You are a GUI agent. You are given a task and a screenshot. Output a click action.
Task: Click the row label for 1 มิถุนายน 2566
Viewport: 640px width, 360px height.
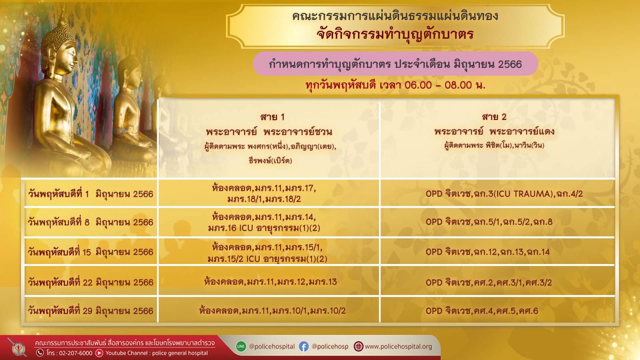pyautogui.click(x=90, y=194)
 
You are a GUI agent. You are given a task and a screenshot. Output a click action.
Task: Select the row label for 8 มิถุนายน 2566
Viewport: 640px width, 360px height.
pyautogui.click(x=90, y=222)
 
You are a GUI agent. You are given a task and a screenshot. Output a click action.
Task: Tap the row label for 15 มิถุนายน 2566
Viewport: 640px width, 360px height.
pyautogui.click(x=90, y=252)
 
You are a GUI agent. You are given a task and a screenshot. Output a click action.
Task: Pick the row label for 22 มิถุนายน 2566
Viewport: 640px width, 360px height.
pyautogui.click(x=90, y=282)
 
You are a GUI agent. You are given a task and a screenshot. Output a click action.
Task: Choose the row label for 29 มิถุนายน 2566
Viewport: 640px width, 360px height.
pyautogui.click(x=90, y=310)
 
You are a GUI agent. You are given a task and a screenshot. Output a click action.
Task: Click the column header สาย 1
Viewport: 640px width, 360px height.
pyautogui.click(x=272, y=117)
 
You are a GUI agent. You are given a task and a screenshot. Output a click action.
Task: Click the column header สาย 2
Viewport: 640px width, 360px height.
pyautogui.click(x=494, y=117)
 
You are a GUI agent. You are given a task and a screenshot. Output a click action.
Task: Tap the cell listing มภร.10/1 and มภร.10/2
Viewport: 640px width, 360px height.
pyautogui.click(x=272, y=310)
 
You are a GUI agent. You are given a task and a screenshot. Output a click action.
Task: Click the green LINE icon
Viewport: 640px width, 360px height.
pyautogui.click(x=241, y=346)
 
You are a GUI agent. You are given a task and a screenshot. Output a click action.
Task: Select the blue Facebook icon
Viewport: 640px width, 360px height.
pyautogui.click(x=304, y=346)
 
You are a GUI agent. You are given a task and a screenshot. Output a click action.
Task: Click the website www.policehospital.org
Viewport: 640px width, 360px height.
pyautogui.click(x=398, y=346)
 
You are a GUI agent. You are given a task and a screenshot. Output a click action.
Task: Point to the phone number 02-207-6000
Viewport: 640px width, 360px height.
pyautogui.click(x=76, y=353)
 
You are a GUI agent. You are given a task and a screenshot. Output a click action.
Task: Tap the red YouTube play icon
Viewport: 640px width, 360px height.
pyautogui.click(x=99, y=353)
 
